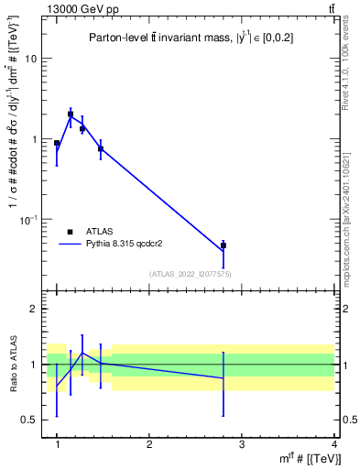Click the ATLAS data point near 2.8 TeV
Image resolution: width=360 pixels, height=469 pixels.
pyautogui.click(x=224, y=245)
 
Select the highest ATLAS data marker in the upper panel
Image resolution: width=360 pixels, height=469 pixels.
pyautogui.click(x=71, y=115)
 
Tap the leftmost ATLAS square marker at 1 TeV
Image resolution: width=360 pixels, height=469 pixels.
pyautogui.click(x=57, y=144)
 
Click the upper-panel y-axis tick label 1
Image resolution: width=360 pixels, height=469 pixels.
pyautogui.click(x=36, y=139)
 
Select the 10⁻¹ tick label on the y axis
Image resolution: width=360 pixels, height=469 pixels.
pyautogui.click(x=31, y=220)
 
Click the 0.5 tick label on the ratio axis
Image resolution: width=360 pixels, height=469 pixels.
pyautogui.click(x=32, y=420)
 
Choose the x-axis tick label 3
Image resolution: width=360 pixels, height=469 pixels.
pyautogui.click(x=242, y=443)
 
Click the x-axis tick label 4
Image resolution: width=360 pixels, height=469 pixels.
pyautogui.click(x=333, y=443)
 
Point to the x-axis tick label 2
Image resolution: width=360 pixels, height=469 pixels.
pyautogui.click(x=149, y=443)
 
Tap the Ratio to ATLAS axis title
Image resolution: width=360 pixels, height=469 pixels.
pyautogui.click(x=14, y=365)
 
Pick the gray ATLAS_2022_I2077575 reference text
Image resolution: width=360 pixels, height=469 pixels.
pyautogui.click(x=191, y=274)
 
